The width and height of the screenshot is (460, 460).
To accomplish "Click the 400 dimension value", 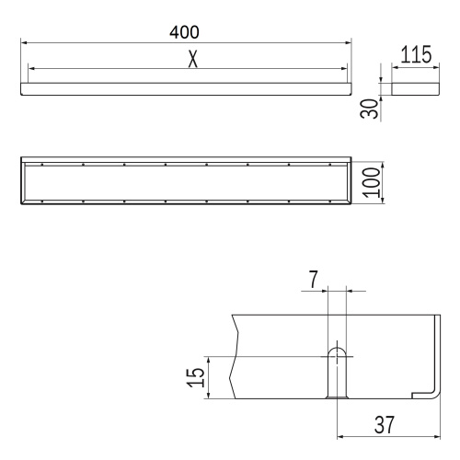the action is (184, 32).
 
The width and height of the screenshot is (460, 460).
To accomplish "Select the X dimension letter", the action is (192, 59).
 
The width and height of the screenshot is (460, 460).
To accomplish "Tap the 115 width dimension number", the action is (416, 54).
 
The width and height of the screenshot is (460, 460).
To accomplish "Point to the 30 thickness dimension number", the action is (369, 109).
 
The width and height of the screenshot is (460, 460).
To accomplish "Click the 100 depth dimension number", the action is (372, 182).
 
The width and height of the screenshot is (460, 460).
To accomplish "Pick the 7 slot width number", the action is (313, 280).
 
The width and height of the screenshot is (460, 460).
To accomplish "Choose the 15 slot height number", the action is (196, 377).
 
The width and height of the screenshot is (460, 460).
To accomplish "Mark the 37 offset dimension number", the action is (385, 425).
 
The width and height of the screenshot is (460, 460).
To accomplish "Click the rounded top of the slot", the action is (337, 349).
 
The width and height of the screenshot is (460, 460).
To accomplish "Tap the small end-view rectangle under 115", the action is (416, 89).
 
